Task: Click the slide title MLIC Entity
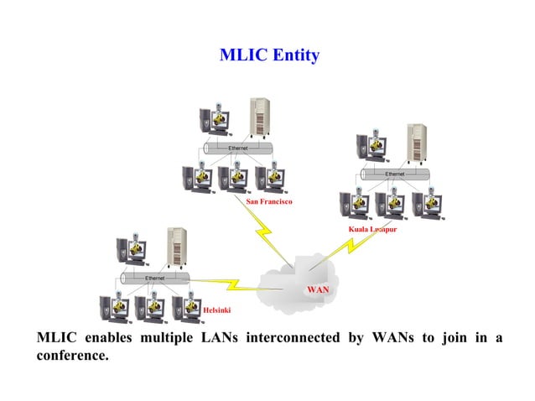(268, 55)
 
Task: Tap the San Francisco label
(268, 201)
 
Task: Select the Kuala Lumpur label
(372, 229)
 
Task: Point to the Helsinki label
(216, 310)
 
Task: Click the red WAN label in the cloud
(318, 289)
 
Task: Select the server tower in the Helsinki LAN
(176, 247)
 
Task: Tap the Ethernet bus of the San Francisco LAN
(238, 148)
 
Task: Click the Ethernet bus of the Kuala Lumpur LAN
(394, 174)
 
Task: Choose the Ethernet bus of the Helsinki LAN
(155, 278)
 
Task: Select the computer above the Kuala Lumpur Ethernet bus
(369, 147)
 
